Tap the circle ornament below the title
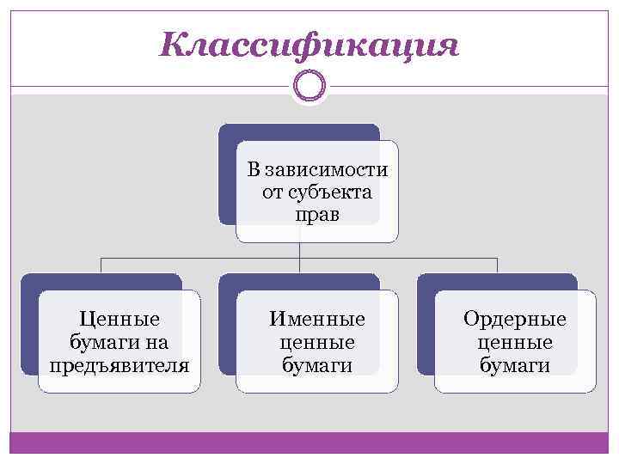click(x=309, y=87)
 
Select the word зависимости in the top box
click(x=329, y=169)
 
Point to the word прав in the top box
click(x=317, y=214)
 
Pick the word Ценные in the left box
click(x=120, y=320)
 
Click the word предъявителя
click(x=120, y=365)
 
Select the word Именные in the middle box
click(x=317, y=320)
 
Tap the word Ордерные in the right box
click(x=515, y=320)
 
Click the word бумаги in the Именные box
click(x=317, y=365)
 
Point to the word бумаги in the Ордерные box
click(x=515, y=365)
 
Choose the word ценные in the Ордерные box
click(x=515, y=342)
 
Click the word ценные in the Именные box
click(x=317, y=342)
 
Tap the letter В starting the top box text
click(x=253, y=169)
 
